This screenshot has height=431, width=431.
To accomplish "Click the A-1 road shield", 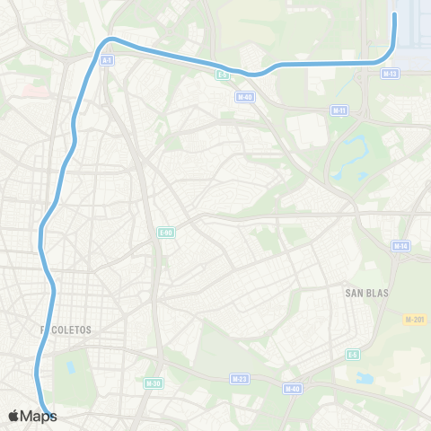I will [x=107, y=60].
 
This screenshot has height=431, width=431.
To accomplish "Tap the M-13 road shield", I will [x=389, y=74].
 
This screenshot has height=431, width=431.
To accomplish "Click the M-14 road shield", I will [x=401, y=245].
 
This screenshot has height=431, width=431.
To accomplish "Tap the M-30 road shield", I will [x=152, y=383].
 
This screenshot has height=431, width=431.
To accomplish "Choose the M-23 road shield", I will [x=239, y=379].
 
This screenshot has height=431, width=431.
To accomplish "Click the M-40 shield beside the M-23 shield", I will [x=291, y=389].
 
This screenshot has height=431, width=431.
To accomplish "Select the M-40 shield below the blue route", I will [x=244, y=96].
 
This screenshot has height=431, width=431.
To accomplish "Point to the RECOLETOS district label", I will [x=66, y=330].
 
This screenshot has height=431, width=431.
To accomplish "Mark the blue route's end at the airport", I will [x=395, y=14].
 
